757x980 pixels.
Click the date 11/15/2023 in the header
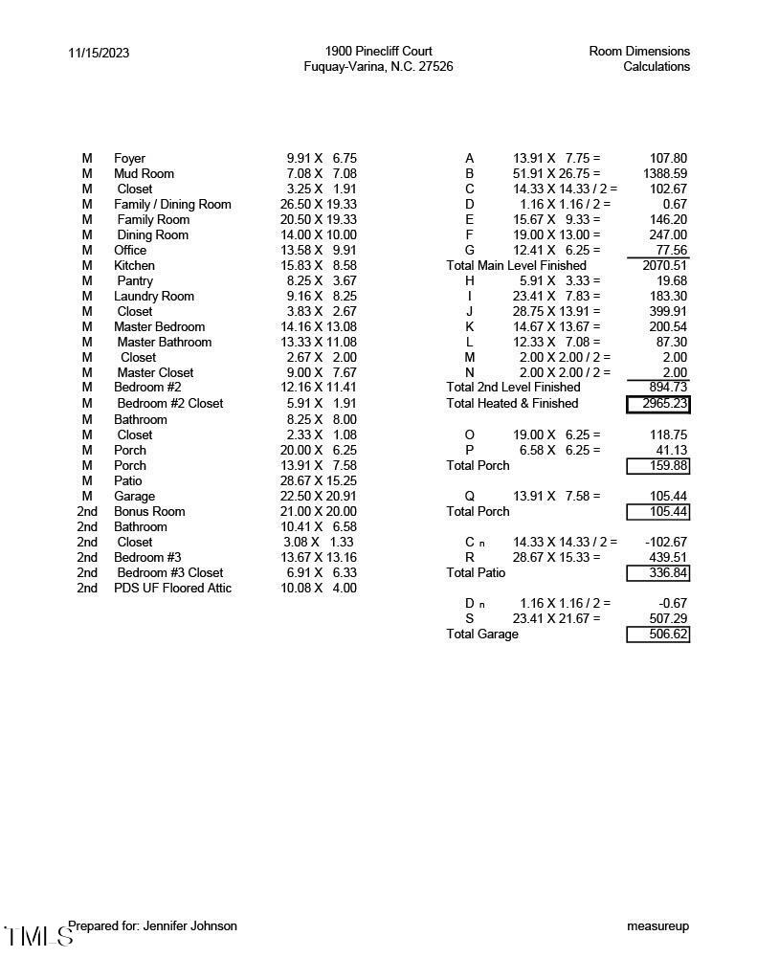[99, 53]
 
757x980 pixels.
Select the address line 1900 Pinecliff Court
[378, 51]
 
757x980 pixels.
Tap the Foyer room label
[129, 158]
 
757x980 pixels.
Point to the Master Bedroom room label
[159, 326]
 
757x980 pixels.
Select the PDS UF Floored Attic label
[172, 588]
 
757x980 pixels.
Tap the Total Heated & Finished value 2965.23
[657, 404]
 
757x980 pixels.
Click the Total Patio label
[476, 572]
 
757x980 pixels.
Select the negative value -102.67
[664, 542]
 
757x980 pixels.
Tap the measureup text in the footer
[657, 925]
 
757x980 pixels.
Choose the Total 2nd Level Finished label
[513, 387]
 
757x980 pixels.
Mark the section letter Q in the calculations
[469, 496]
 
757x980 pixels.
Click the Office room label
[130, 250]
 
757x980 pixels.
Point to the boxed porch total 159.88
[657, 466]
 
